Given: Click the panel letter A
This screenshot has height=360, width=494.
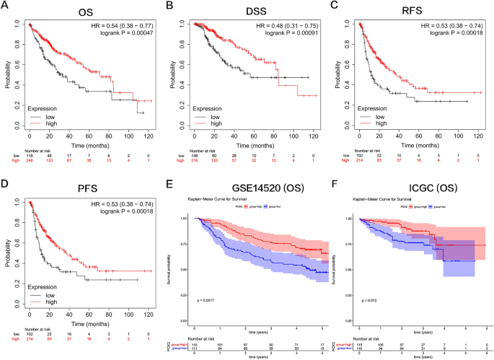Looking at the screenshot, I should pyautogui.click(x=6, y=6).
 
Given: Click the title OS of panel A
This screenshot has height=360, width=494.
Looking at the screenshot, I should pyautogui.click(x=87, y=12).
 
